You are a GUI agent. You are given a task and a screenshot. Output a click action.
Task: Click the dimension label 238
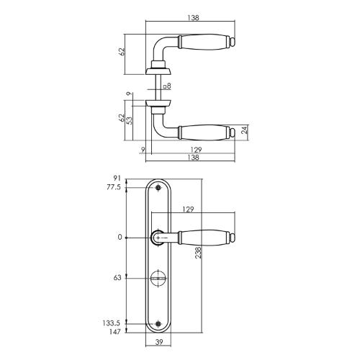[x=198, y=253]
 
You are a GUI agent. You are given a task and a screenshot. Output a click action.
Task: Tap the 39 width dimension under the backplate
[x=159, y=342]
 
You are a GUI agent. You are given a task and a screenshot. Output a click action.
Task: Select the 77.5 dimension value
[x=114, y=187]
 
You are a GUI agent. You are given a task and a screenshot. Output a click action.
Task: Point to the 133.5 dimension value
[x=111, y=323]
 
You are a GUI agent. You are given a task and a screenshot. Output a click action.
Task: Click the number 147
[x=114, y=332]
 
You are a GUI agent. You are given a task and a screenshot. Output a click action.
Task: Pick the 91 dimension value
[x=117, y=179]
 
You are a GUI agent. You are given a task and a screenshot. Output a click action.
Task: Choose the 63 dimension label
[x=117, y=278]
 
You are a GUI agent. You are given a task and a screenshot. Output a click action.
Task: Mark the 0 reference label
[x=120, y=238]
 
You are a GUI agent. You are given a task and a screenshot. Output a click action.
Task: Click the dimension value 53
[x=130, y=120]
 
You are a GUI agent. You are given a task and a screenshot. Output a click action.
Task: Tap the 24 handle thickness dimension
[x=244, y=130]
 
